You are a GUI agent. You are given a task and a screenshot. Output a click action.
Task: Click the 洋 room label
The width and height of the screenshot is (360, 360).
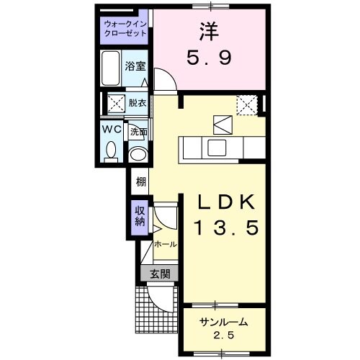coord(209,32)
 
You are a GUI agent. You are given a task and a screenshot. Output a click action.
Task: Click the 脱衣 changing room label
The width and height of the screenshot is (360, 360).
coord(137,103)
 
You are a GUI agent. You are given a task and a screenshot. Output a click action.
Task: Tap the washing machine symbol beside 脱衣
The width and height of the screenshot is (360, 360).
coord(115,103)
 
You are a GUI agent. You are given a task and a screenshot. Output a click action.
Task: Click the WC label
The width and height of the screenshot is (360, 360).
coord(110,129)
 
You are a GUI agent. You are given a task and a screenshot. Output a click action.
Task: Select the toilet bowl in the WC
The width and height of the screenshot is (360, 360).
coord(111,150)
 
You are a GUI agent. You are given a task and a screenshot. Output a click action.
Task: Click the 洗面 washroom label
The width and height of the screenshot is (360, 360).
coord(138,132)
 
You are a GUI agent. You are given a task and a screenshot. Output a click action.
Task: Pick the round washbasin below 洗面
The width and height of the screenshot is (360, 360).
coord(137,153)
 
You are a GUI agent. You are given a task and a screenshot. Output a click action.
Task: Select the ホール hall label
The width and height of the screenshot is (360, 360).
coord(165,244)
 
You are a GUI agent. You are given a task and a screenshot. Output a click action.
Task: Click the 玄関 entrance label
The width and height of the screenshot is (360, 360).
coord(159,273)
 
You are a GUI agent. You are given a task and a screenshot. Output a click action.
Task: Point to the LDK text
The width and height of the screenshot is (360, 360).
coord(224,202)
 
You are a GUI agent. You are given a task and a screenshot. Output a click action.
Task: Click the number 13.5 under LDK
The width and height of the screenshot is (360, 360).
coord(224,229)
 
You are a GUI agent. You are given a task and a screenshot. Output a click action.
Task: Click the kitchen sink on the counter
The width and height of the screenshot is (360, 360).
coord(217,148)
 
